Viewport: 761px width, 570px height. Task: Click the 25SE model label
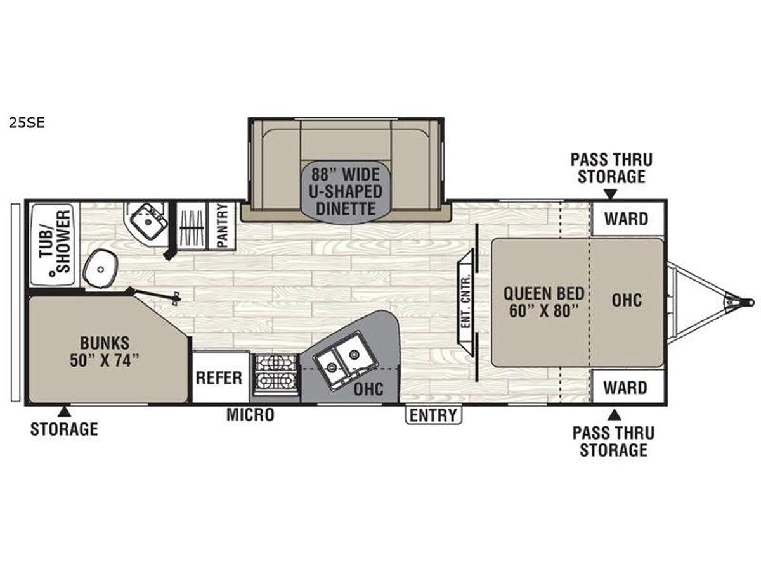27,123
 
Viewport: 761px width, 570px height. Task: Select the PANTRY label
221,225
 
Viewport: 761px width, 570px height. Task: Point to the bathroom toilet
101,268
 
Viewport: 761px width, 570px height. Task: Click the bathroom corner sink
149,221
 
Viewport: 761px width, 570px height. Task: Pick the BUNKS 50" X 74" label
105,351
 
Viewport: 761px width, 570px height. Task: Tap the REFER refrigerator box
221,377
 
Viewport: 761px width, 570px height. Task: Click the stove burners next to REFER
276,375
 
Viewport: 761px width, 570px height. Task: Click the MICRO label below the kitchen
250,415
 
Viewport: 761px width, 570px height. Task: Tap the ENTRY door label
433,415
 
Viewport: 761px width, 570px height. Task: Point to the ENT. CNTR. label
466,300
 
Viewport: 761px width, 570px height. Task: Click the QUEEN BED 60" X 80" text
543,302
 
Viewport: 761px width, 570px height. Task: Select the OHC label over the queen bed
627,300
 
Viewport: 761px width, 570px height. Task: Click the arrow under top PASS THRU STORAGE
611,194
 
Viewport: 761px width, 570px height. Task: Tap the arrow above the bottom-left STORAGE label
64,412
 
